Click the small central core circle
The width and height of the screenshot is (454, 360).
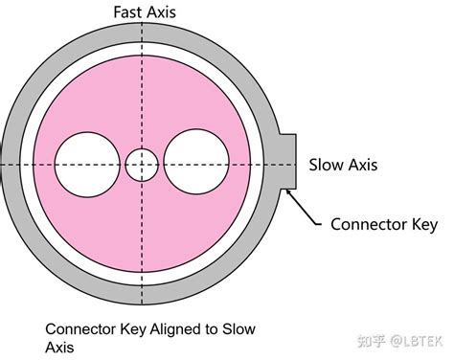pyautogui.click(x=142, y=165)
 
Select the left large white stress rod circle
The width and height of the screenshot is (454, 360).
pyautogui.click(x=87, y=165)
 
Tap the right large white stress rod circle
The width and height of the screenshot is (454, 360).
pyautogui.click(x=196, y=162)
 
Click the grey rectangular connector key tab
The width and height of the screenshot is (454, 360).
pyautogui.click(x=288, y=162)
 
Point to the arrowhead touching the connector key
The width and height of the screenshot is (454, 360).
pyautogui.click(x=288, y=191)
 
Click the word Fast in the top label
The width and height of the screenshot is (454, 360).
pyautogui.click(x=127, y=12)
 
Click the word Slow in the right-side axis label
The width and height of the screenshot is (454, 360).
pyautogui.click(x=327, y=165)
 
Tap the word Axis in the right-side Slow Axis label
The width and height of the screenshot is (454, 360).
pyautogui.click(x=363, y=165)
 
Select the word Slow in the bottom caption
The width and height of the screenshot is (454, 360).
pyautogui.click(x=238, y=329)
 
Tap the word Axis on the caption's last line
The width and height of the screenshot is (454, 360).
pyautogui.click(x=59, y=348)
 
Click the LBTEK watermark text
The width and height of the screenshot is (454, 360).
pyautogui.click(x=422, y=341)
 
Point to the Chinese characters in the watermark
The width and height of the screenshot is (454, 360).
pyautogui.click(x=371, y=341)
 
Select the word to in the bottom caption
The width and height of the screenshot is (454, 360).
pyautogui.click(x=211, y=329)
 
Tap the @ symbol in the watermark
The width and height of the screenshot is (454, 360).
pyautogui.click(x=396, y=342)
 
